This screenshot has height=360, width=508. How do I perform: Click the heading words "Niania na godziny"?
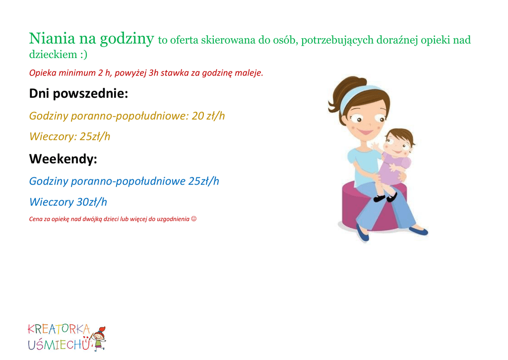(x=91, y=39)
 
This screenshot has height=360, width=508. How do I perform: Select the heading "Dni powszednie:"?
(x=79, y=94)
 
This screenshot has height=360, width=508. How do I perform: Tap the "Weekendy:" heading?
(x=63, y=159)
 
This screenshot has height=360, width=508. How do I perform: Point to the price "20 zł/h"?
(x=208, y=116)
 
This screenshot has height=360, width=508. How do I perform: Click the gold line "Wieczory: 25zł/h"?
(x=69, y=137)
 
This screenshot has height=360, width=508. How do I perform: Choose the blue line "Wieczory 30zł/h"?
(x=68, y=202)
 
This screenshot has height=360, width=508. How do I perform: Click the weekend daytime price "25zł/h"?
(x=203, y=181)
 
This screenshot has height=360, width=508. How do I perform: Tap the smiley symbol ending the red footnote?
(x=194, y=219)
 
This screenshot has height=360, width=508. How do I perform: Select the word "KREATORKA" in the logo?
(x=59, y=329)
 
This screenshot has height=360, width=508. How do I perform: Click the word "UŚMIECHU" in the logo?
(x=59, y=345)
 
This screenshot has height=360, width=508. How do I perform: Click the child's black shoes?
(x=385, y=198)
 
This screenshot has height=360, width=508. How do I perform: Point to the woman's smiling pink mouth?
(x=366, y=132)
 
